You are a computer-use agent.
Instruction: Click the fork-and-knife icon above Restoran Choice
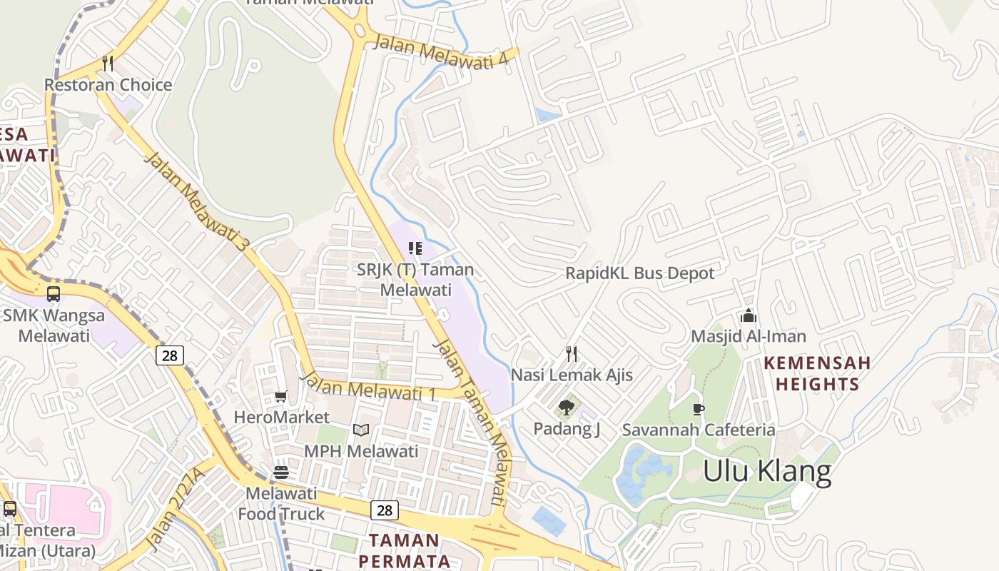pyautogui.click(x=108, y=64)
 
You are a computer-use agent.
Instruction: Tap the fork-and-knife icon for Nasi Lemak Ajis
pyautogui.click(x=572, y=353)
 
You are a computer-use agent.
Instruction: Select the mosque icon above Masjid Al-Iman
pyautogui.click(x=748, y=315)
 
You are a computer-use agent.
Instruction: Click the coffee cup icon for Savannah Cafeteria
pyautogui.click(x=698, y=409)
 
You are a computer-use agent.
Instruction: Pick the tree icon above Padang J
pyautogui.click(x=567, y=408)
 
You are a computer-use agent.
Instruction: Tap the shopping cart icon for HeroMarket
pyautogui.click(x=281, y=396)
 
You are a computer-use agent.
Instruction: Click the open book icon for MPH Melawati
pyautogui.click(x=361, y=430)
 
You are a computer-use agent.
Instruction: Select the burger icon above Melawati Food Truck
pyautogui.click(x=281, y=472)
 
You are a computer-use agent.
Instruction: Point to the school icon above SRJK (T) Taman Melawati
pyautogui.click(x=415, y=248)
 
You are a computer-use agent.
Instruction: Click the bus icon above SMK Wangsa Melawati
pyautogui.click(x=54, y=293)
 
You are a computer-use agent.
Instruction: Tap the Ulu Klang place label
pyautogui.click(x=767, y=472)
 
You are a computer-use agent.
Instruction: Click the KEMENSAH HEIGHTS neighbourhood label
pyautogui.click(x=817, y=373)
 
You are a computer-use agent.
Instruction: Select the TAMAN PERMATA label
pyautogui.click(x=404, y=550)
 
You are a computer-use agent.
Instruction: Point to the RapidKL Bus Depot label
pyautogui.click(x=639, y=273)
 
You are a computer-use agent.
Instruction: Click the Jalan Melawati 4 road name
pyautogui.click(x=441, y=52)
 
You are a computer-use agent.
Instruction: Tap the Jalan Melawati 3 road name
pyautogui.click(x=197, y=201)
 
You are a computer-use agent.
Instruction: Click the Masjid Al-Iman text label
pyautogui.click(x=748, y=336)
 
